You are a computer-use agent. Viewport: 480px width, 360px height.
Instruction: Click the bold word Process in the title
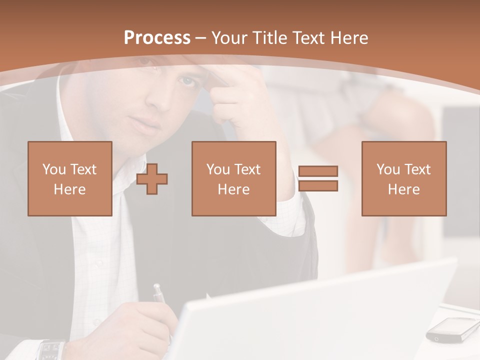pos(157,38)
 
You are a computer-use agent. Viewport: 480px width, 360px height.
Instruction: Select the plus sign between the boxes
pos(152,179)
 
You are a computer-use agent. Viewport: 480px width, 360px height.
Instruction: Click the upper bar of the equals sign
pos(318,171)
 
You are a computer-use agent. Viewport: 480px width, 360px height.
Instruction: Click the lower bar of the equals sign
pos(318,185)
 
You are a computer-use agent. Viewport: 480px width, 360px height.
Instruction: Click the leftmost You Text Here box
pos(70,178)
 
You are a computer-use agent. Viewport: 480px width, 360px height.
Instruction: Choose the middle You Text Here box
pos(233,178)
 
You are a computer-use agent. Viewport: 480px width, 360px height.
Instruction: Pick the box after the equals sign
pos(403,178)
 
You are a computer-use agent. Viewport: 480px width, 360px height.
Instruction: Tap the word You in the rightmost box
pos(386,169)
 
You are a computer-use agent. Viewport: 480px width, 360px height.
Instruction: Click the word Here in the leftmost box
pos(69,189)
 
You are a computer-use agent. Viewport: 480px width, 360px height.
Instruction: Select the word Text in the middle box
pos(247,169)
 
